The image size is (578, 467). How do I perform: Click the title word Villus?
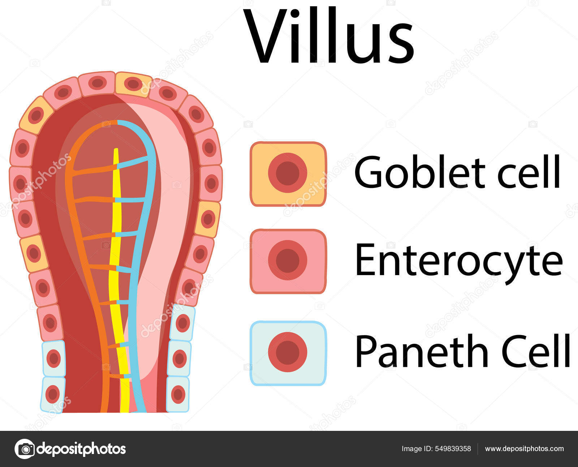(x=329, y=36)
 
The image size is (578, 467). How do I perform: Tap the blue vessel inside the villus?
(x=144, y=217)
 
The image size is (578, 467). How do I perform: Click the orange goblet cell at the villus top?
(x=133, y=84)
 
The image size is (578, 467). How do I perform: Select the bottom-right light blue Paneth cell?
(x=178, y=394)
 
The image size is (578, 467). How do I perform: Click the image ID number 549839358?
(x=453, y=449)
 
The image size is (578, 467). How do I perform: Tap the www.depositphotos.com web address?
(x=524, y=449)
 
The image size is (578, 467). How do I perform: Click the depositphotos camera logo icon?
(x=25, y=449)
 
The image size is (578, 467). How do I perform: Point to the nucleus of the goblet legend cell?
(x=288, y=173)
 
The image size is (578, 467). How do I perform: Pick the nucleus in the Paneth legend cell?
(x=288, y=352)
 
